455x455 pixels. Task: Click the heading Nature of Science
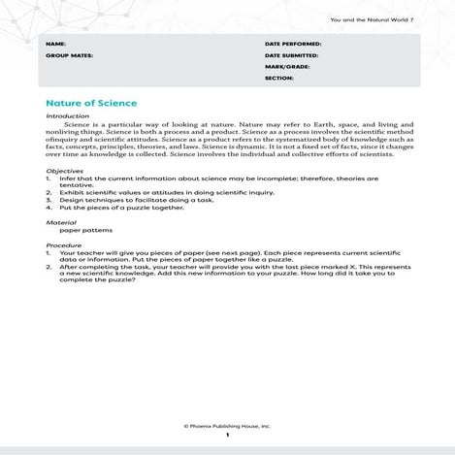[91, 103]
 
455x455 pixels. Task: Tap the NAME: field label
[56, 45]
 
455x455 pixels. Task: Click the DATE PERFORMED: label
[293, 45]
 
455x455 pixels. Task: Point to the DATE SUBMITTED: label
[293, 55]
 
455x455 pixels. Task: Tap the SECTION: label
[278, 78]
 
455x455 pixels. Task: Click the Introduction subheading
[68, 116]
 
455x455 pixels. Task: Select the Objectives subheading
[65, 171]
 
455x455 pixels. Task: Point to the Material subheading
[61, 222]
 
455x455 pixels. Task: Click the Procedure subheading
[64, 245]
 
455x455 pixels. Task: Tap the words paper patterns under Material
[85, 231]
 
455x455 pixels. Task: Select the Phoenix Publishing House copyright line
[227, 425]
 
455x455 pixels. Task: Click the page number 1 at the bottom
[227, 436]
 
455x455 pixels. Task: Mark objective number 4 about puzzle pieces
[121, 207]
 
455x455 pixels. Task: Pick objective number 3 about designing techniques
[136, 199]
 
